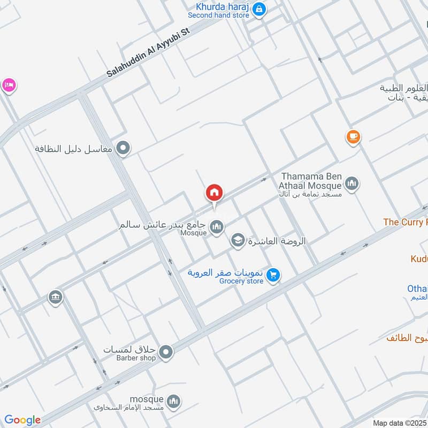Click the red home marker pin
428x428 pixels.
point(214,192)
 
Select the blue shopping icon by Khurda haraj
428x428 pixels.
point(259,9)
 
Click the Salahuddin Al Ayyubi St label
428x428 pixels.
point(148,52)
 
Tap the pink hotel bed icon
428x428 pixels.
point(8,86)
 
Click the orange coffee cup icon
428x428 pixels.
point(353,137)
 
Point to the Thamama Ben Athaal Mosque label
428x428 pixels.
point(311,181)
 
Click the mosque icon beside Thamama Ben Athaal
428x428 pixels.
point(351,185)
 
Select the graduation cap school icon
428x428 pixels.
point(237,241)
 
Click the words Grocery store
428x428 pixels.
point(241,281)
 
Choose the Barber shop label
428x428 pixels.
point(136,358)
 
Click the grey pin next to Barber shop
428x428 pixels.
point(166,351)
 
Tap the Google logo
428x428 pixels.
point(22,420)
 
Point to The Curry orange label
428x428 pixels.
point(406,222)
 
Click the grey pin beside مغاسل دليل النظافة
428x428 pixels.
point(124,148)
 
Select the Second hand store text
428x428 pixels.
point(218,16)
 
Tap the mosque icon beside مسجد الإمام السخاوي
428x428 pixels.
point(173,401)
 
